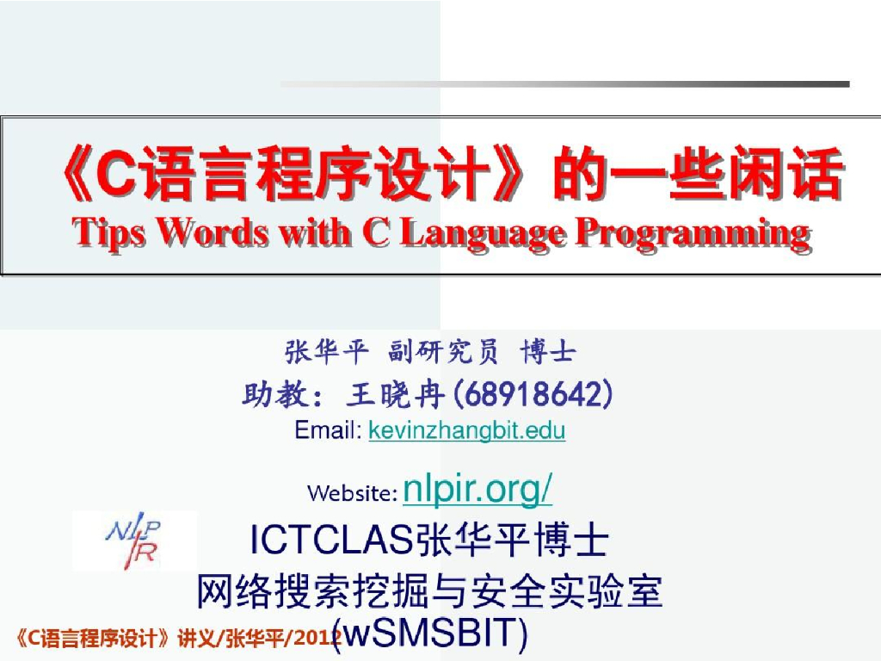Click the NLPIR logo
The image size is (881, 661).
click(134, 541)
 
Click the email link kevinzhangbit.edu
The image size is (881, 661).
click(466, 429)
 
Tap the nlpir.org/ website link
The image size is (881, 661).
click(477, 491)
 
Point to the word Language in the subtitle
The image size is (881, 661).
click(480, 232)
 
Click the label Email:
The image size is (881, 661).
click(328, 429)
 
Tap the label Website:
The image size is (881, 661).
click(352, 493)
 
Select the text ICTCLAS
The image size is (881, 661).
click(331, 541)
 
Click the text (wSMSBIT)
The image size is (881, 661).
click(430, 633)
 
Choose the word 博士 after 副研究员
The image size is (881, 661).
click(549, 352)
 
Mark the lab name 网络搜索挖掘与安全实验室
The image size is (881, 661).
click(430, 590)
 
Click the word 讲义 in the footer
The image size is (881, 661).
click(195, 638)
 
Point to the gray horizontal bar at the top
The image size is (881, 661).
click(564, 84)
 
